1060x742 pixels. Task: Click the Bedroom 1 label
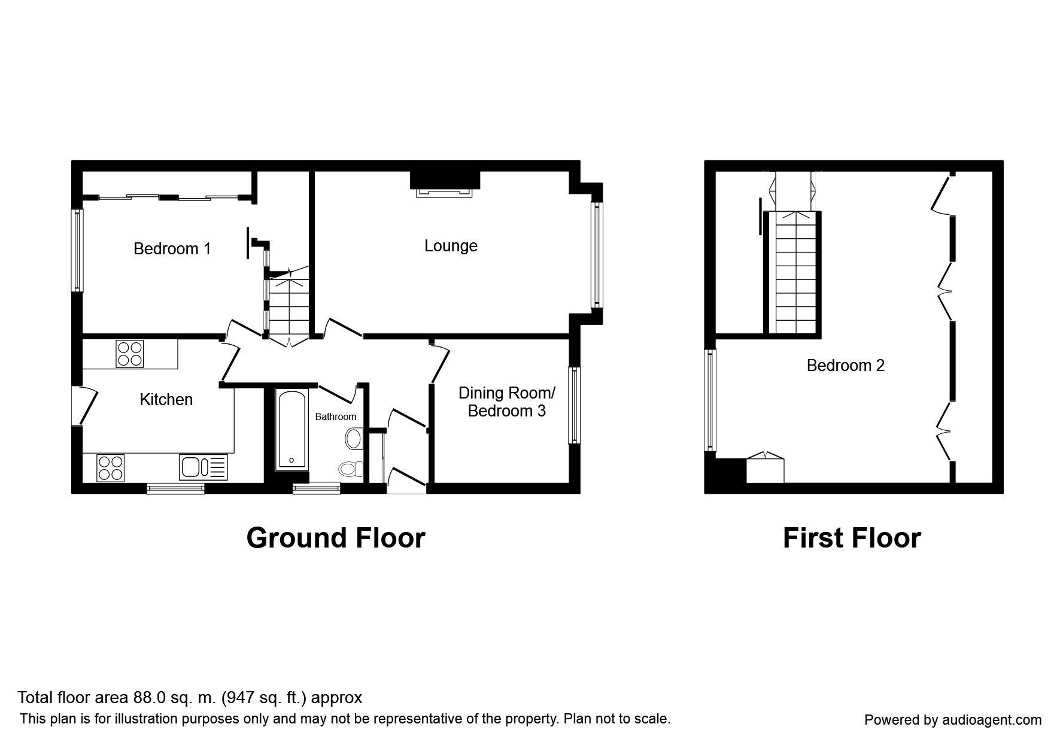point(172,248)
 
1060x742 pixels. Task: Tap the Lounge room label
point(451,246)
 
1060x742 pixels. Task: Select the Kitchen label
point(166,400)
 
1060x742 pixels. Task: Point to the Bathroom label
point(336,416)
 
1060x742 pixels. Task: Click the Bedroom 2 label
point(846,365)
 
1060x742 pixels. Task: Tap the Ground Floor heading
point(336,538)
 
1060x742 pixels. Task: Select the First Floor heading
point(852,538)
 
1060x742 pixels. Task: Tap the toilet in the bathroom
point(351,468)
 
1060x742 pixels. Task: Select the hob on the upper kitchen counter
point(130,353)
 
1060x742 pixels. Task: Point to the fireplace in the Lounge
point(445,191)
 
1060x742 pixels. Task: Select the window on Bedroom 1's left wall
point(77,250)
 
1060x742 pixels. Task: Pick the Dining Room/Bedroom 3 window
point(575,405)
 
